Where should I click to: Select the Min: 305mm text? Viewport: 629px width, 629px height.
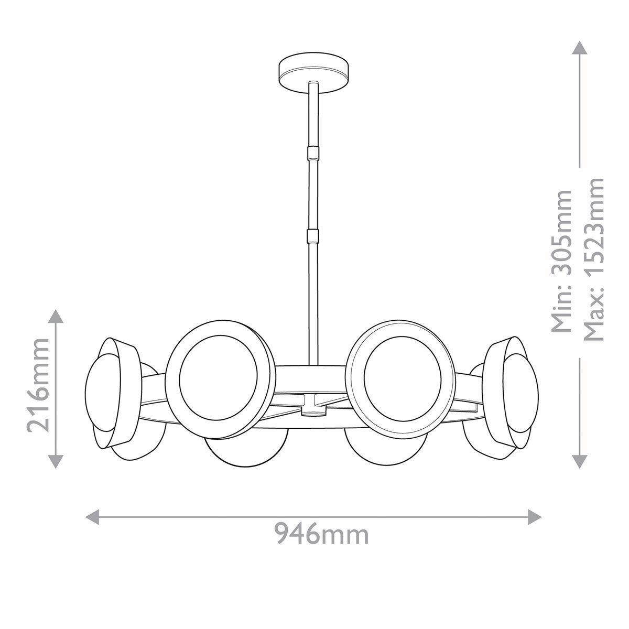pyautogui.click(x=562, y=261)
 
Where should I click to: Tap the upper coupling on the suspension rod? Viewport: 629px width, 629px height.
pyautogui.click(x=313, y=152)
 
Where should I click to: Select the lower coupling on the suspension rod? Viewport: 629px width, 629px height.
pyautogui.click(x=313, y=235)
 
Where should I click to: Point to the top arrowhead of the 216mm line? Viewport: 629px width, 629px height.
pyautogui.click(x=57, y=316)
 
